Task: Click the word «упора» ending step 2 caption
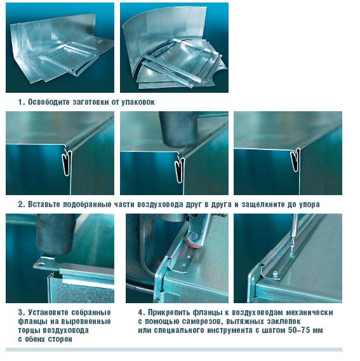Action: [x=309, y=205]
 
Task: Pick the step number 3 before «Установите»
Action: [x=21, y=313]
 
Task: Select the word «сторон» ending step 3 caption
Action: [x=60, y=339]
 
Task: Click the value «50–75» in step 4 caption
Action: [x=298, y=330]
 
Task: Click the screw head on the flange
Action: [x=275, y=273]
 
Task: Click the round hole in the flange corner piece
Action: [x=42, y=263]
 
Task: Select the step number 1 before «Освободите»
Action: [x=21, y=102]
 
